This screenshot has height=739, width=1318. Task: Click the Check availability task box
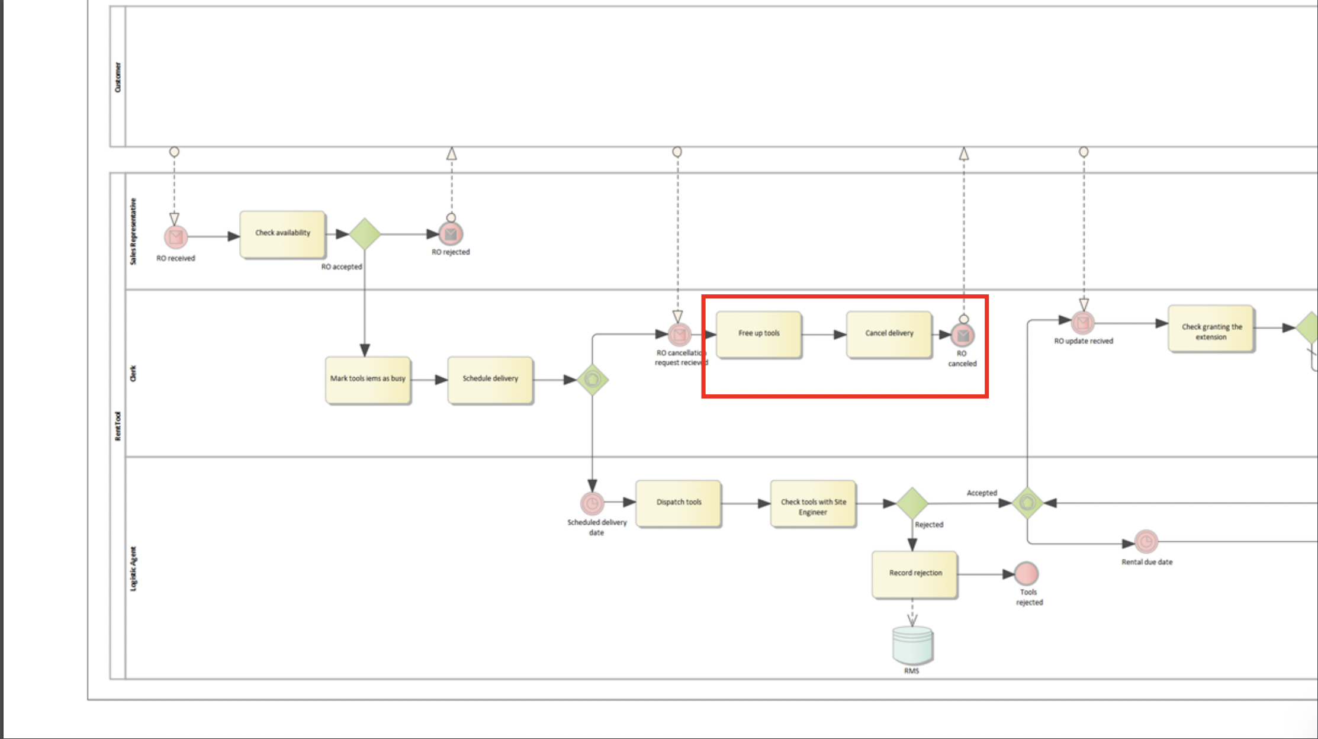pos(282,234)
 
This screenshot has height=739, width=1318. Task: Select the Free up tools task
pos(758,334)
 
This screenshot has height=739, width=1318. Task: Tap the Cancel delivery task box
pos(889,334)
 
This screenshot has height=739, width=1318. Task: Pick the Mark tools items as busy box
pos(368,380)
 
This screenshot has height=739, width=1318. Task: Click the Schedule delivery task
pos(490,380)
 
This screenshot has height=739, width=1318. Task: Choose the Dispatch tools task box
pos(679,503)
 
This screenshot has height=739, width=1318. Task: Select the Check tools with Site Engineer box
pos(813,504)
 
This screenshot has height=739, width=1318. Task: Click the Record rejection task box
pos(915,574)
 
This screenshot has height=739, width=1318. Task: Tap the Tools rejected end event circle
pos(1026,574)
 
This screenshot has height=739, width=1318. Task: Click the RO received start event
pos(176,237)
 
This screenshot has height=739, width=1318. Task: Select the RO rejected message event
pos(451,234)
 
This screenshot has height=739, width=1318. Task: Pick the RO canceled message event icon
pos(963,336)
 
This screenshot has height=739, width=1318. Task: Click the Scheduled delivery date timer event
pos(592,504)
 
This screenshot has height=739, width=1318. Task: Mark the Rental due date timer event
pos(1146,541)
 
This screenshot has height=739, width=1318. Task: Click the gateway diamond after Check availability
pos(365,234)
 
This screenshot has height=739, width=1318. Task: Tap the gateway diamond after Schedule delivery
pos(593,380)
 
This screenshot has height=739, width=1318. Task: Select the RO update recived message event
pos(1083,323)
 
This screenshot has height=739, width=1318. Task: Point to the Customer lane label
pos(117,77)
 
